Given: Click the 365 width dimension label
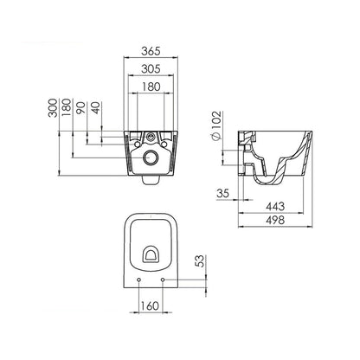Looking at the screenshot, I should (x=151, y=51).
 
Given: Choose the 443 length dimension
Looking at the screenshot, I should (x=276, y=206).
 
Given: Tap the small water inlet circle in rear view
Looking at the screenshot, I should (x=152, y=138).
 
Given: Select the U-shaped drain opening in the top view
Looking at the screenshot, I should (x=152, y=254).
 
